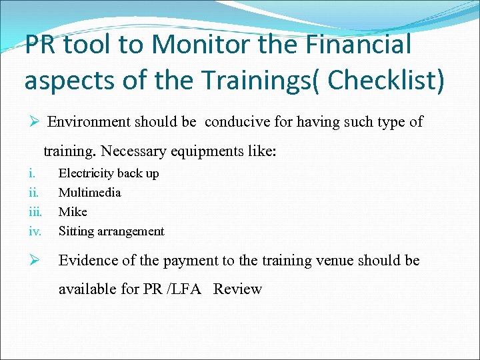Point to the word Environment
pyautogui.click(x=89, y=122)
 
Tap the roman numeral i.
pyautogui.click(x=31, y=173)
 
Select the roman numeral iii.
pyautogui.click(x=35, y=212)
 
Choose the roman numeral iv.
pyautogui.click(x=35, y=231)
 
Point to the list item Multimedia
pyautogui.click(x=90, y=193)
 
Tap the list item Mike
pyautogui.click(x=73, y=212)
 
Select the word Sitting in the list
pyautogui.click(x=77, y=231)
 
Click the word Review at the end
pyautogui.click(x=238, y=289)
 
